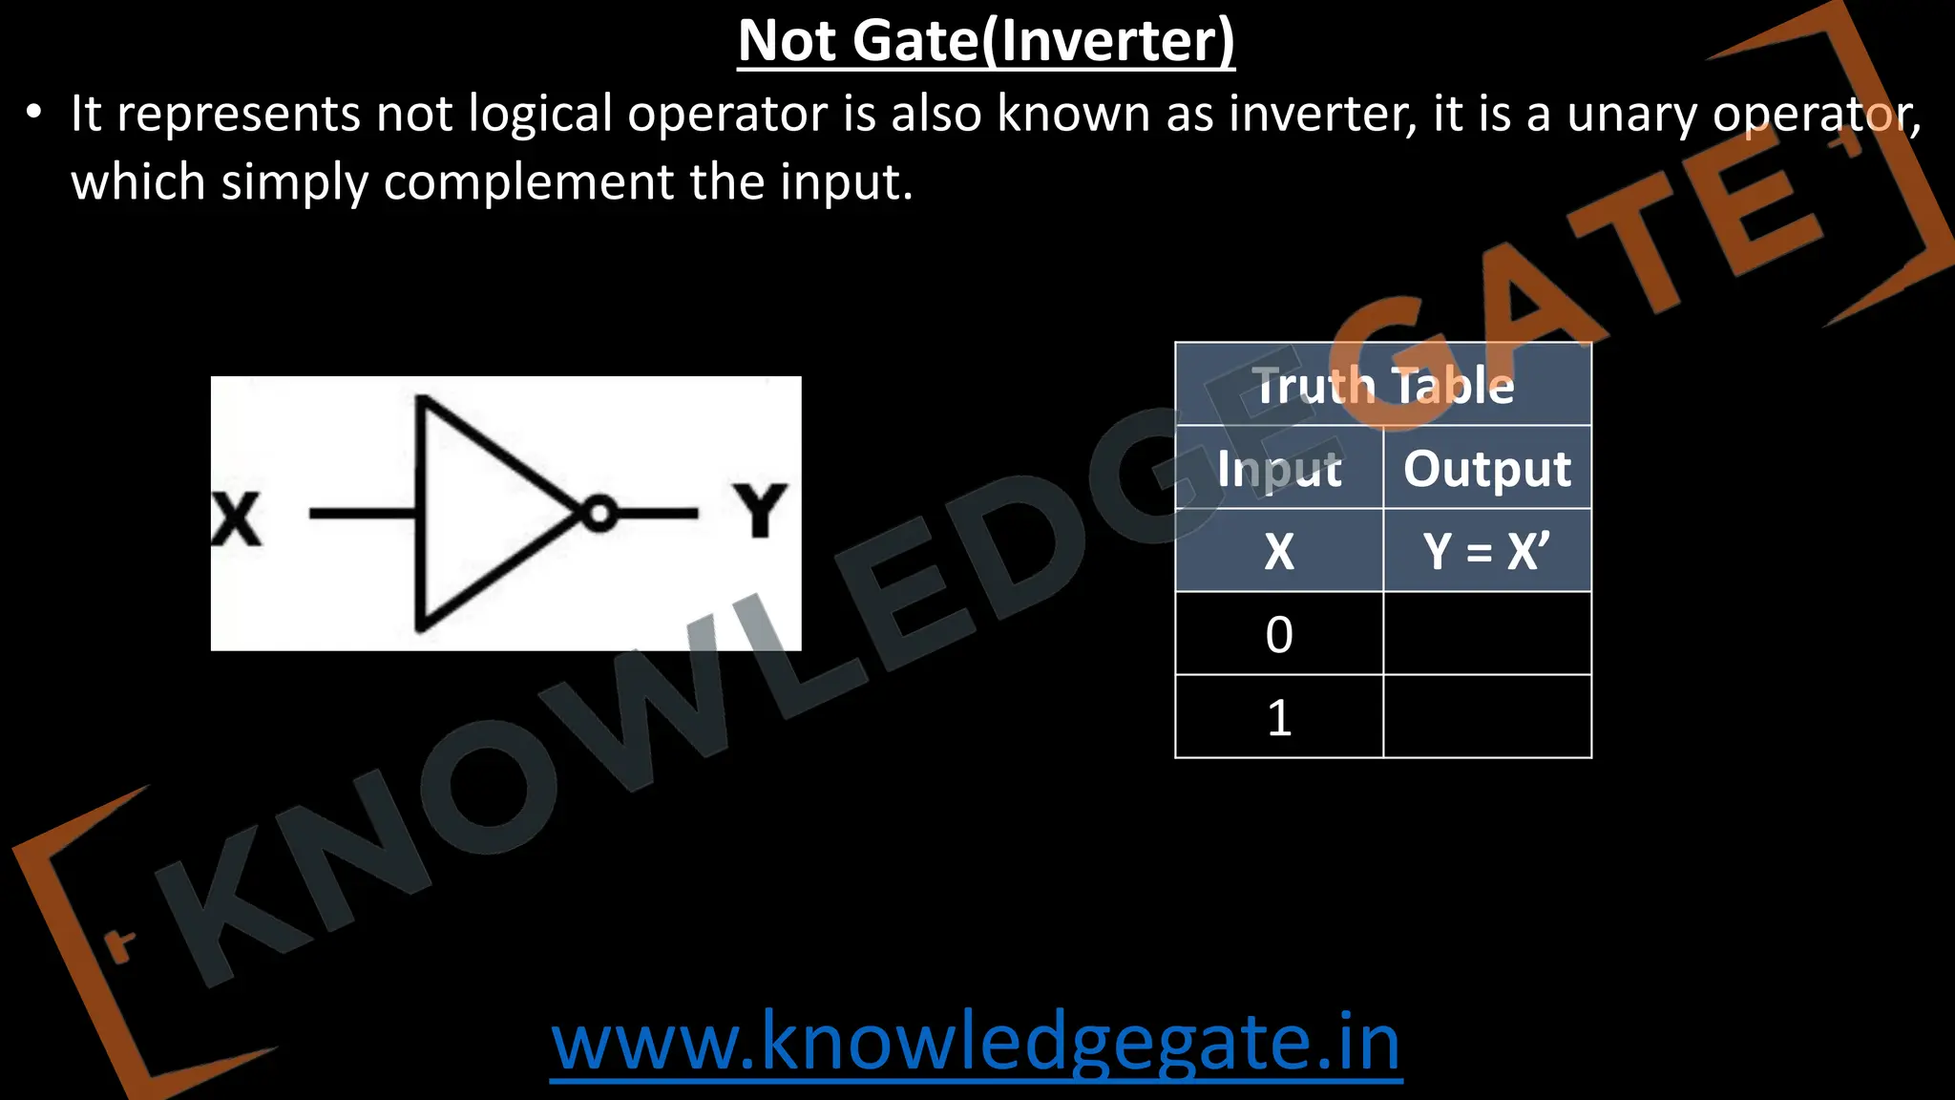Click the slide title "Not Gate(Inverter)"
click(x=986, y=41)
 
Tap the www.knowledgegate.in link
click(x=976, y=1042)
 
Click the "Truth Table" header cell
click(x=1383, y=385)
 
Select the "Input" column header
click(x=1279, y=468)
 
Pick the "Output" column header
click(x=1487, y=468)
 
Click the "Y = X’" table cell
click(x=1487, y=551)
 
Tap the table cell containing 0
click(x=1279, y=634)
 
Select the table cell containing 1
click(x=1279, y=717)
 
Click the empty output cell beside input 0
click(x=1487, y=634)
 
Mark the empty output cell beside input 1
click(x=1487, y=717)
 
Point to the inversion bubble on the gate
click(x=599, y=515)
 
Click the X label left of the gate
click(x=236, y=519)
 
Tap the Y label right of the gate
click(x=760, y=511)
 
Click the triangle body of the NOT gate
click(x=477, y=515)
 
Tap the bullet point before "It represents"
click(x=34, y=114)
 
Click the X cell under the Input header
click(x=1279, y=551)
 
